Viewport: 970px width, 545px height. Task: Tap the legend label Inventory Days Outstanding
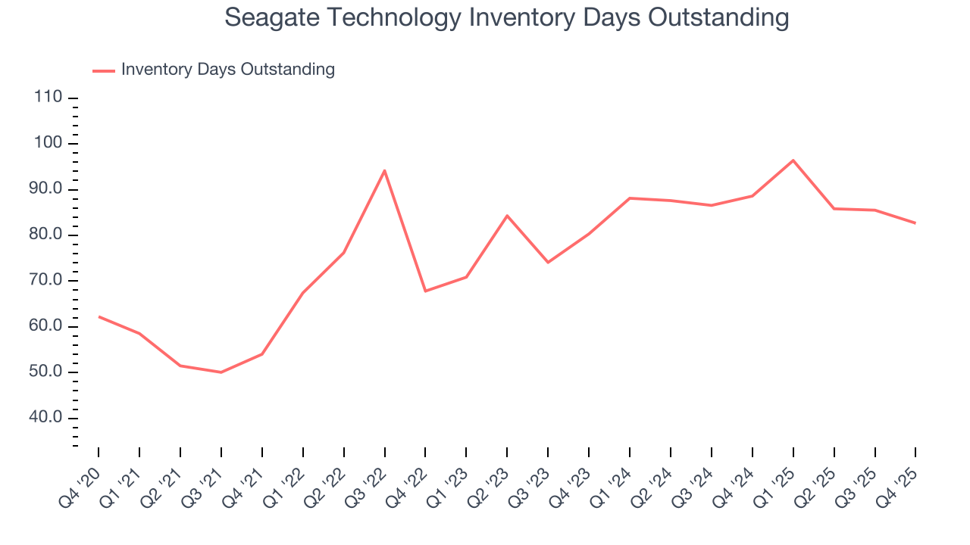[227, 70]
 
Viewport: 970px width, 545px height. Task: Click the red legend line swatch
[104, 70]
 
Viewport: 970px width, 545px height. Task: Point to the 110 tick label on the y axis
[48, 98]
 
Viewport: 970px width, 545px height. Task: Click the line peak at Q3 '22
[384, 170]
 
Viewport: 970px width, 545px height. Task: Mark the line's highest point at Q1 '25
[793, 160]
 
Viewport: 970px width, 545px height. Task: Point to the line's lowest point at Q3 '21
[221, 372]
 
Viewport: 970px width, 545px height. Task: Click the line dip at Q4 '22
[425, 291]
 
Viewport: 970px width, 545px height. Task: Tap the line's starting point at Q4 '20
[99, 316]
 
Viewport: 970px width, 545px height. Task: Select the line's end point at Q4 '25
[915, 223]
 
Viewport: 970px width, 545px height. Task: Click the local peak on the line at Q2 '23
[507, 216]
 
